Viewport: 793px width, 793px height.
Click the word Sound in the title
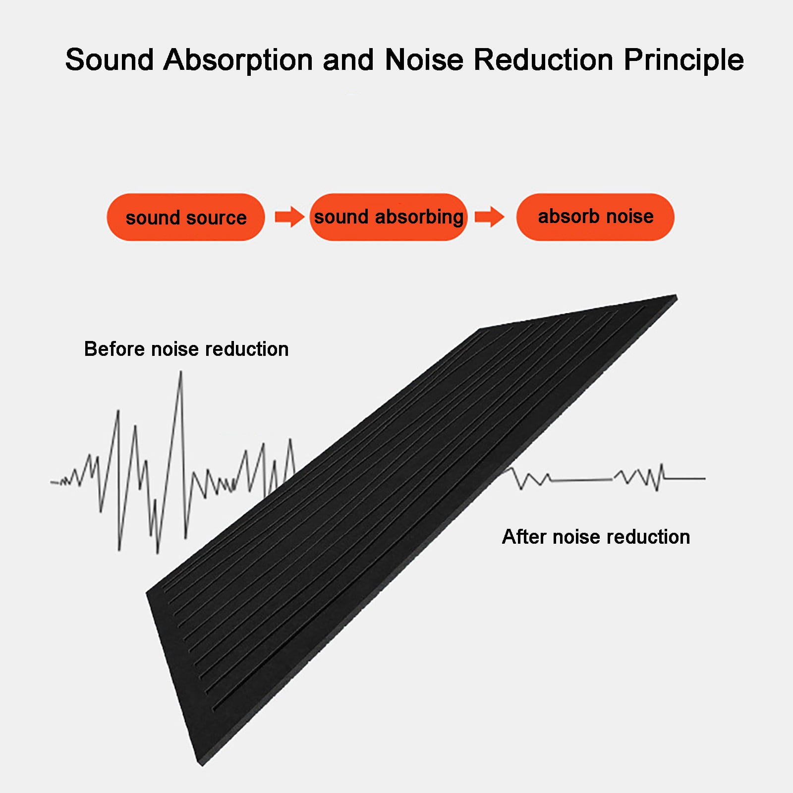(x=110, y=60)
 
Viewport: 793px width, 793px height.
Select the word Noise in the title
(x=424, y=60)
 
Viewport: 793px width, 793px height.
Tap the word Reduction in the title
(x=544, y=60)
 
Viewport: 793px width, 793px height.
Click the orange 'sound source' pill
(x=185, y=217)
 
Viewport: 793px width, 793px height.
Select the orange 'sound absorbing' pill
(x=389, y=217)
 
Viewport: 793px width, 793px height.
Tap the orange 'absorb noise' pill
(x=595, y=217)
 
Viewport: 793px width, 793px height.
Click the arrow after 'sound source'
(x=289, y=217)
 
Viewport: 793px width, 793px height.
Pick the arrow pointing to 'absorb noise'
(x=490, y=217)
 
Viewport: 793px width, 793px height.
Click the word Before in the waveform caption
(x=114, y=349)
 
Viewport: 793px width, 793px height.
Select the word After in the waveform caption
(x=523, y=537)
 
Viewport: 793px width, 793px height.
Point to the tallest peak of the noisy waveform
(x=181, y=372)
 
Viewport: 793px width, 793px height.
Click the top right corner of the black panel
(x=677, y=296)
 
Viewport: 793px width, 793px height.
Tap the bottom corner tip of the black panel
(x=202, y=766)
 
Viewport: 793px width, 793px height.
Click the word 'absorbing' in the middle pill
(x=419, y=218)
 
